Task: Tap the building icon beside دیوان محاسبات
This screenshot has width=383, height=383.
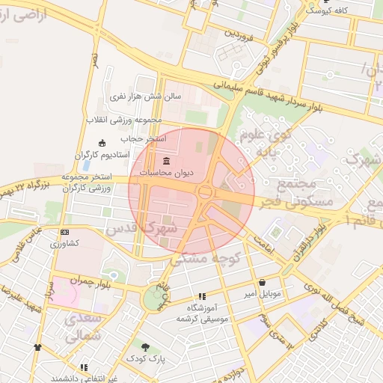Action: (x=167, y=162)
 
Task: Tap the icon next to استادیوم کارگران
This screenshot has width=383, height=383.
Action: (x=102, y=143)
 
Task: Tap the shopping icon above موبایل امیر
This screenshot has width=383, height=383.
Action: (x=263, y=283)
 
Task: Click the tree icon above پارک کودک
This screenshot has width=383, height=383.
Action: (x=146, y=347)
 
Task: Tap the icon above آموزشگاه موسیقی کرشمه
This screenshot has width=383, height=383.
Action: (x=202, y=296)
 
